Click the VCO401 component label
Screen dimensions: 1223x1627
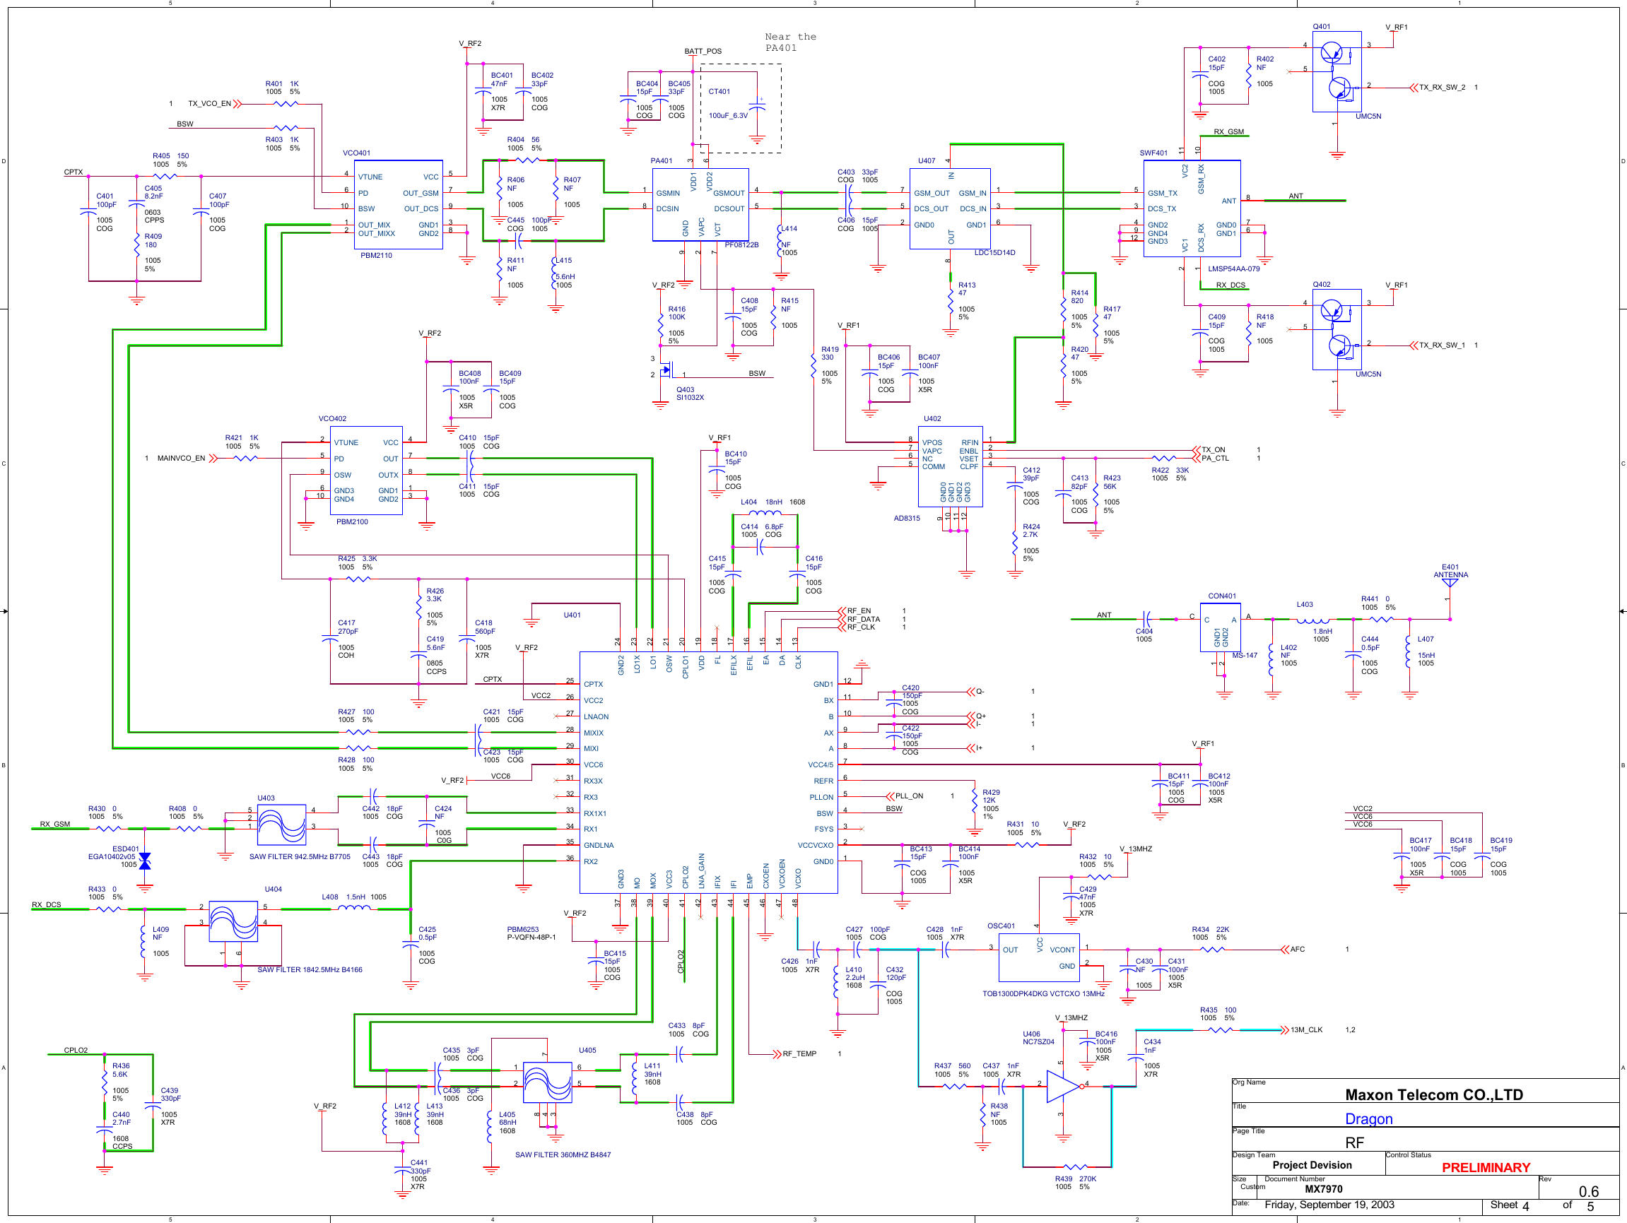(x=356, y=153)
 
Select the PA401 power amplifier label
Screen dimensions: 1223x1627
(x=661, y=160)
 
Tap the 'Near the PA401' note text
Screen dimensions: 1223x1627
(x=790, y=42)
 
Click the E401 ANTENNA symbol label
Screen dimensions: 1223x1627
(x=1450, y=572)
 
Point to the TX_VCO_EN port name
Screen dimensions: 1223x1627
(x=209, y=104)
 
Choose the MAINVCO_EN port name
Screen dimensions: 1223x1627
(x=181, y=458)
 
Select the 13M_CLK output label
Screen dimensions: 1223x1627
(x=1305, y=1029)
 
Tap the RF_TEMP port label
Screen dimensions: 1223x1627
(x=799, y=1054)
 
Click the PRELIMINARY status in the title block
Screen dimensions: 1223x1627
(x=1485, y=1168)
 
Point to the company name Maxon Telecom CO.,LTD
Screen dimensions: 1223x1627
(x=1433, y=1094)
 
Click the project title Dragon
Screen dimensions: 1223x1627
(x=1368, y=1118)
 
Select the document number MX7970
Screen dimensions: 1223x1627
(x=1323, y=1189)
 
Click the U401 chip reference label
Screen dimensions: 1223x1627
(x=572, y=615)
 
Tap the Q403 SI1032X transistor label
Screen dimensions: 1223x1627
(x=689, y=394)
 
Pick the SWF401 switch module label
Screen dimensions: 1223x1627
(x=1153, y=153)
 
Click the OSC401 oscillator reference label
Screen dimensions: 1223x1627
(x=1000, y=926)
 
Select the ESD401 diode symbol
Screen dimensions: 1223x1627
(x=145, y=861)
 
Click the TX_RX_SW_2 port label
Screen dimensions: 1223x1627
(x=1441, y=88)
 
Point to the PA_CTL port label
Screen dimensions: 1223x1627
(x=1214, y=458)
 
